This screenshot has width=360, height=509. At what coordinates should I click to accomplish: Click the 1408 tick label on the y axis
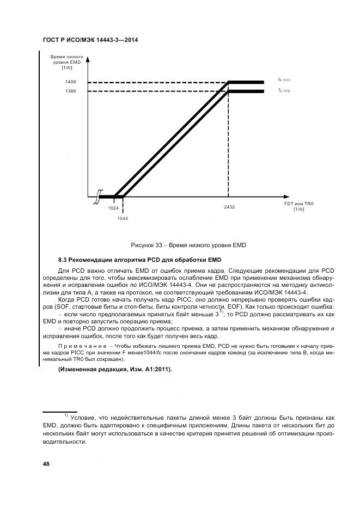pos(71,82)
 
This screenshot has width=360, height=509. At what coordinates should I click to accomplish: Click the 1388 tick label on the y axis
pos(71,91)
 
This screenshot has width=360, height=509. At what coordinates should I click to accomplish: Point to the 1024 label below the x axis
pos(113,207)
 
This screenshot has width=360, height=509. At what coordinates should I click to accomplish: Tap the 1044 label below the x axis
pos(123,218)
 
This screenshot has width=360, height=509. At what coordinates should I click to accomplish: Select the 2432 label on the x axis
pos(229,207)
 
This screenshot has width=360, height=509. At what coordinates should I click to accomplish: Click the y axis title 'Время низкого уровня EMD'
pos(66,62)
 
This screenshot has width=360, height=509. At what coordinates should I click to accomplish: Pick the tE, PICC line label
pos(284,80)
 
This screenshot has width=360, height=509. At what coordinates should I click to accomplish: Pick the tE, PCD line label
pos(284,90)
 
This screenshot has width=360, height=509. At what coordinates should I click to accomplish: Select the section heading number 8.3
pos(63,259)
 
